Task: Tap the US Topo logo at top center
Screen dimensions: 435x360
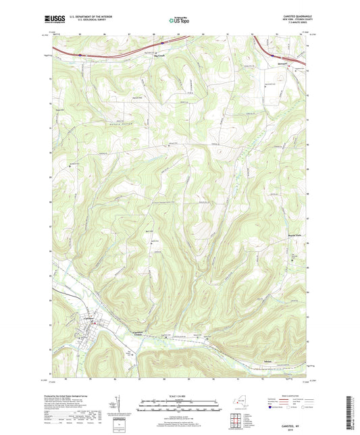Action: pos(179,20)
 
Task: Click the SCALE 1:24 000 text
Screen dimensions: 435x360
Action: pos(180,394)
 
